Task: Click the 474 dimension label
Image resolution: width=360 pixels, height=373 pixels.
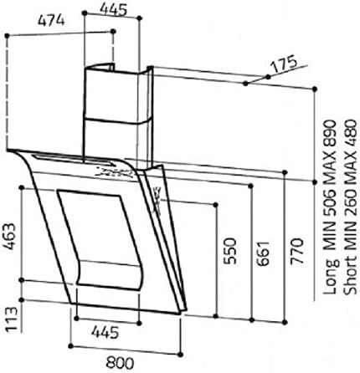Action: click(x=51, y=21)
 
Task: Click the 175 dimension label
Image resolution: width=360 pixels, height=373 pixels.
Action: click(x=284, y=64)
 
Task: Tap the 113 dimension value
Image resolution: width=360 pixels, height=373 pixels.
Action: click(x=12, y=319)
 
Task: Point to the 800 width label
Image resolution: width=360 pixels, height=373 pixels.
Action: click(x=120, y=363)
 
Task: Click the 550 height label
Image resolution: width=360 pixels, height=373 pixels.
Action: click(x=230, y=251)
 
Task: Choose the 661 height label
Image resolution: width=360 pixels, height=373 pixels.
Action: click(x=263, y=253)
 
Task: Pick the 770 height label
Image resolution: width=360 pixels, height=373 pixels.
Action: click(x=296, y=251)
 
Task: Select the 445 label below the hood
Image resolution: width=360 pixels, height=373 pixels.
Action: click(x=105, y=332)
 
